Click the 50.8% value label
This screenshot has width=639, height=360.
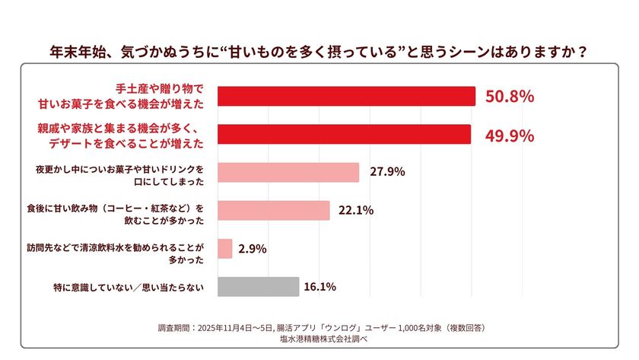point(509,97)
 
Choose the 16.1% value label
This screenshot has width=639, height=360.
point(319,287)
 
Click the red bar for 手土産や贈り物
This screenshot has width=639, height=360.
point(346,97)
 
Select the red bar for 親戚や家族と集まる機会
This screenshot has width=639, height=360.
point(344,134)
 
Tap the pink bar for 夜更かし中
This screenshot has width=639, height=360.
point(288,172)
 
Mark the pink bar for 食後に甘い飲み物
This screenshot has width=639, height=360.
point(274,210)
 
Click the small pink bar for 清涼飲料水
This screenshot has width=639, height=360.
point(225,249)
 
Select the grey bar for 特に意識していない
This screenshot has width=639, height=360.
point(259,287)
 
